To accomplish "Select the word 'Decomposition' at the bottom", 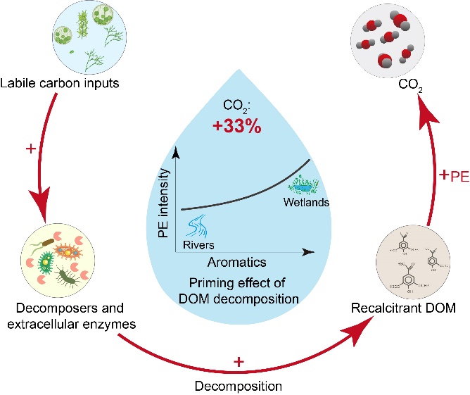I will coord(239,384).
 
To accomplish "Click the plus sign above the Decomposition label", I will coord(239,361).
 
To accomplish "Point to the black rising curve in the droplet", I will coord(246,194).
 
